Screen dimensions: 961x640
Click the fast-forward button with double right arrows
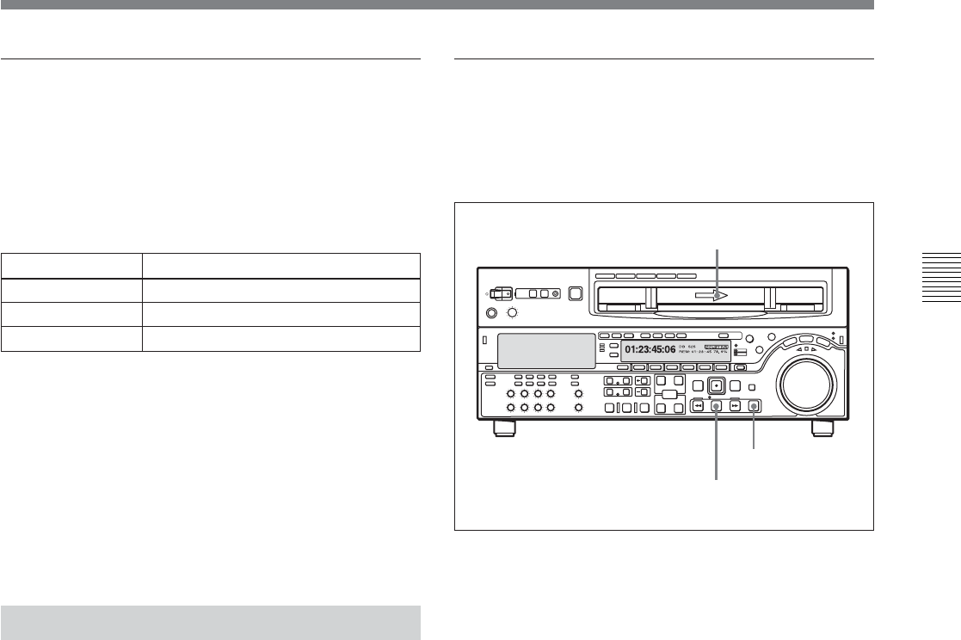(x=735, y=407)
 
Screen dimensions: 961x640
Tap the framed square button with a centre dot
(x=716, y=385)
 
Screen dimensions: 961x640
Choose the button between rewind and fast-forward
(x=716, y=407)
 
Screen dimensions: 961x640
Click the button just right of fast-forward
(x=755, y=407)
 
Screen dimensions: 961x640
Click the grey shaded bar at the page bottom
(x=211, y=623)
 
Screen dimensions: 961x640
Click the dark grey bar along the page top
(x=437, y=4)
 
